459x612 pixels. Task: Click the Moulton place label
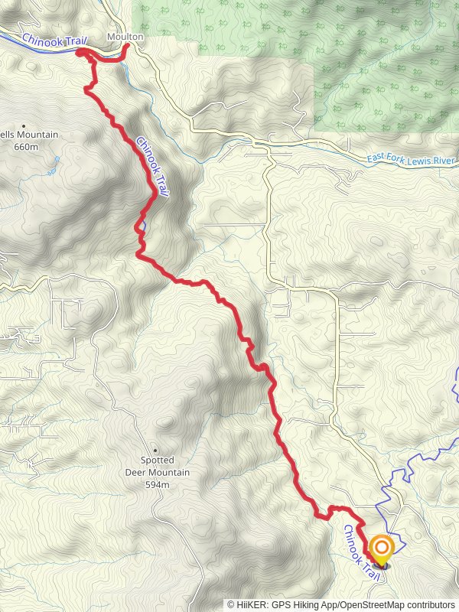[x=125, y=37]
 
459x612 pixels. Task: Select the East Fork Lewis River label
[x=410, y=159]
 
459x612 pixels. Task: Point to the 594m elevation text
[x=158, y=484]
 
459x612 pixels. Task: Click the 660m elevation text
[x=26, y=146]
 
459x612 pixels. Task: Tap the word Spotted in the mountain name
[x=157, y=461]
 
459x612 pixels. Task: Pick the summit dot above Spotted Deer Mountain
[x=157, y=450]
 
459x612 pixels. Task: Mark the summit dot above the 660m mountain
[x=24, y=125]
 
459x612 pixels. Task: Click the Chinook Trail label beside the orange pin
[x=361, y=546]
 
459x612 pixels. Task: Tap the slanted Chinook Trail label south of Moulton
[x=151, y=160]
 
